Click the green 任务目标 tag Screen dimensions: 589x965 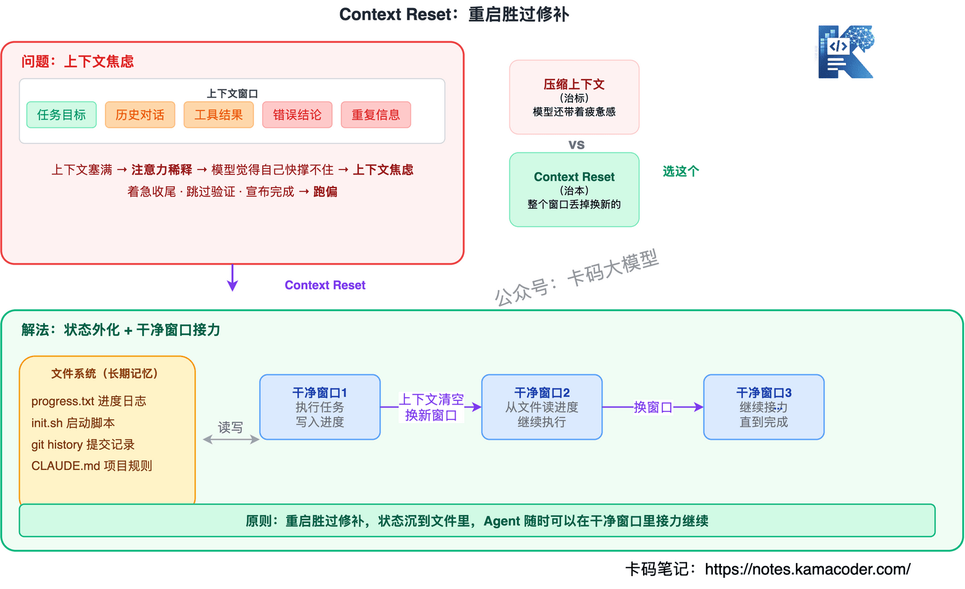(x=62, y=115)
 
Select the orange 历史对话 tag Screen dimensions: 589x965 (x=140, y=115)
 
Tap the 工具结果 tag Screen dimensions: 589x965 (x=218, y=115)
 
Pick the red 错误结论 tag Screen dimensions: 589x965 (x=297, y=115)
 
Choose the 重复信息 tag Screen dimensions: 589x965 (x=376, y=115)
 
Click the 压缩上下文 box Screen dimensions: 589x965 (x=574, y=97)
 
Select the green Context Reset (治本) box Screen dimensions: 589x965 (x=574, y=189)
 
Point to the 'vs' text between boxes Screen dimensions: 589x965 (x=577, y=144)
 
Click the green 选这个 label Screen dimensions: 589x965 (x=681, y=171)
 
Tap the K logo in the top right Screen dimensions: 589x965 (x=845, y=52)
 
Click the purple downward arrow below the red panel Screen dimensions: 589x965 (x=232, y=279)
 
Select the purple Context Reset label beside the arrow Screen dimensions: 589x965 (x=325, y=285)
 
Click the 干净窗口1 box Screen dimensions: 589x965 (x=320, y=407)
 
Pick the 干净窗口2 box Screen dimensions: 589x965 (x=541, y=407)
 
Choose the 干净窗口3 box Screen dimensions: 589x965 (x=763, y=407)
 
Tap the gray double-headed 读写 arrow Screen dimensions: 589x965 (x=231, y=439)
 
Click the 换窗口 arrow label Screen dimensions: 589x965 (x=652, y=407)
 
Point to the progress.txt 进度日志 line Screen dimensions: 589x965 (x=89, y=401)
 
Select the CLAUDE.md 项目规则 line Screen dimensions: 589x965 (x=92, y=466)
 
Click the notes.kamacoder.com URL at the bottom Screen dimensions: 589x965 (x=807, y=569)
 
